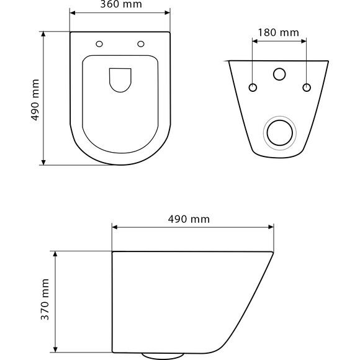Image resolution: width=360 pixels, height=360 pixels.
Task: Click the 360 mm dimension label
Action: tap(121, 4)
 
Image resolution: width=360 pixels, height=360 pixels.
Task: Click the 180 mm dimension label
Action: tap(279, 33)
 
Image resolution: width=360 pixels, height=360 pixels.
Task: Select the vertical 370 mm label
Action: tap(45, 299)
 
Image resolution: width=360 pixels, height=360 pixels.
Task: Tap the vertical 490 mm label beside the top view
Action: tap(35, 100)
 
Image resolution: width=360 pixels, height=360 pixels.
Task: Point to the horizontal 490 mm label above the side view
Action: tap(189, 219)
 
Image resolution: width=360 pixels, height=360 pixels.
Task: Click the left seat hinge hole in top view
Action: tap(99, 44)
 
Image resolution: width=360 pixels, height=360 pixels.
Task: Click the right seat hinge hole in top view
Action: tap(141, 44)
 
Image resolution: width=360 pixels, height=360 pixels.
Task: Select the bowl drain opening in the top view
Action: tap(120, 80)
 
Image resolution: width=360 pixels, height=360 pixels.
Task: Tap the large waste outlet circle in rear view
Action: tap(280, 133)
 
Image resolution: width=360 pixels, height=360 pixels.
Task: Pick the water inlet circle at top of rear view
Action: tap(279, 74)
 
